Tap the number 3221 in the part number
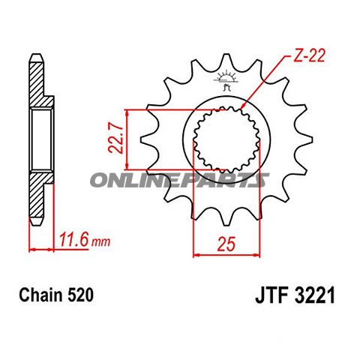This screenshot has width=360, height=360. [305, 296]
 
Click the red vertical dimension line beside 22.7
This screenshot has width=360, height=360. [130, 139]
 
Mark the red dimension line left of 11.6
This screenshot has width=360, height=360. [40, 247]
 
